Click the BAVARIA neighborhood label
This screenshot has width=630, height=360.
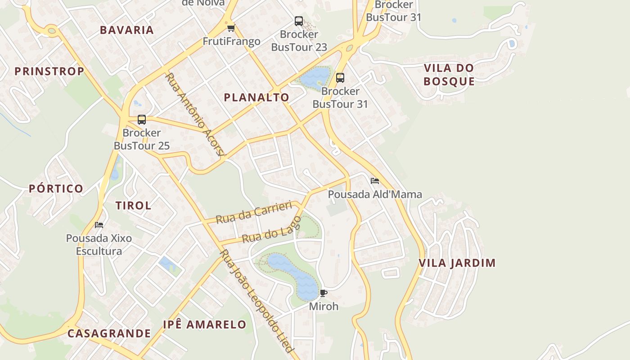[127, 30]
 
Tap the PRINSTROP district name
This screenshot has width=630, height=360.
[49, 71]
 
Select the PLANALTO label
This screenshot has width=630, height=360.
[256, 97]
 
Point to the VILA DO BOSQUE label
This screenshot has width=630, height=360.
[449, 75]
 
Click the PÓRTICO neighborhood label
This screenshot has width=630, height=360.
[56, 189]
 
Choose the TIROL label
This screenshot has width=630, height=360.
[133, 206]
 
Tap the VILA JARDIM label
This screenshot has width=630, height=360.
[457, 263]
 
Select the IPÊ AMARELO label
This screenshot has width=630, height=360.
[205, 324]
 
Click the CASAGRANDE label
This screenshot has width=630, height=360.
[109, 333]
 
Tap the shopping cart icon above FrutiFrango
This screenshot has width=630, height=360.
[231, 28]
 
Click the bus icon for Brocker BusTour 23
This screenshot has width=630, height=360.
[299, 21]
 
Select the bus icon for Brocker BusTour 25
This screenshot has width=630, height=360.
[142, 120]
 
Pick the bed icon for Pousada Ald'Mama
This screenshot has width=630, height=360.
[374, 181]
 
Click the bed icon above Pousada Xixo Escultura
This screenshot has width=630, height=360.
[99, 225]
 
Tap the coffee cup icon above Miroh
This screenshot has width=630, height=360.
[323, 293]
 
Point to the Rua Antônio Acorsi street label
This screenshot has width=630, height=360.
[195, 114]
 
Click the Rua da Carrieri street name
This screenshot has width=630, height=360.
[254, 212]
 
